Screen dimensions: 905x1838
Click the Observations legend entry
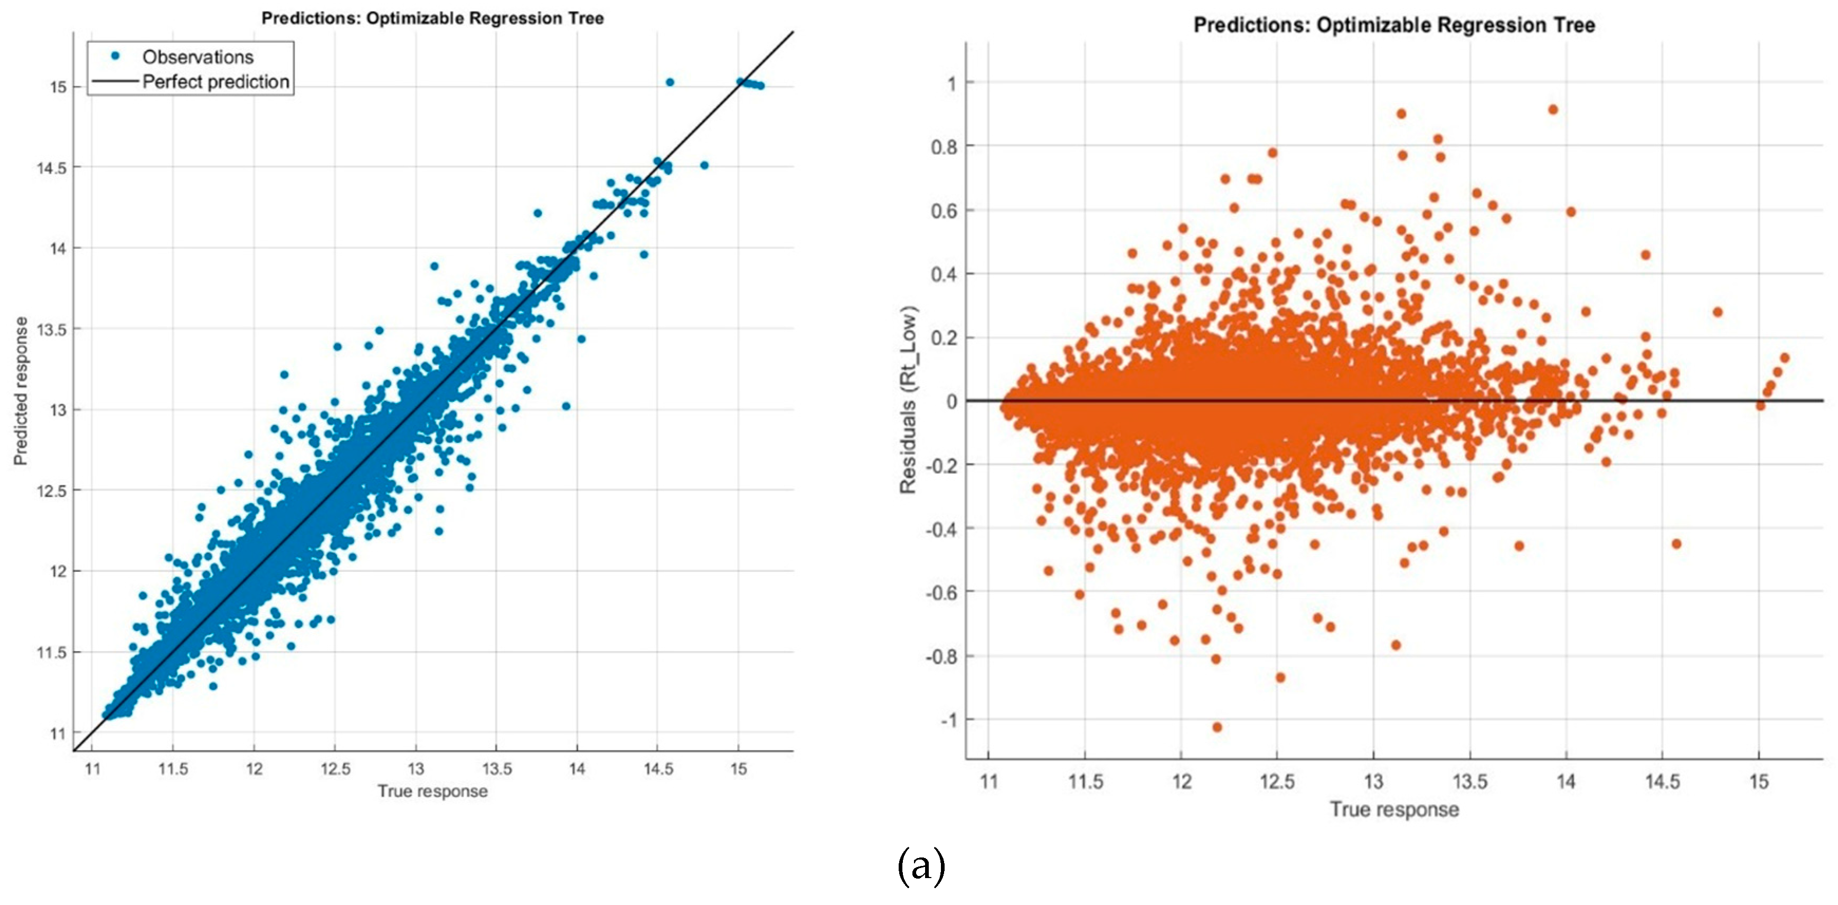(197, 57)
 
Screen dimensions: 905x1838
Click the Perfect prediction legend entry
(215, 82)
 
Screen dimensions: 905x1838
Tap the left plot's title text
(432, 18)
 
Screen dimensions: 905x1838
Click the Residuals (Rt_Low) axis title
(908, 400)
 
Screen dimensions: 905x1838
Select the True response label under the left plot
(432, 791)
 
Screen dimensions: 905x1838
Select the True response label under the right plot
(1394, 809)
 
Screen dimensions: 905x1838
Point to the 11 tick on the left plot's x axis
(92, 769)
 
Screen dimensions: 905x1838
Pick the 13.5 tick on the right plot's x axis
(1470, 781)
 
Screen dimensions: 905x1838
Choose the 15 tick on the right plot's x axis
(1759, 781)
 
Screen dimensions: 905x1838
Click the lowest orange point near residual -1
(1217, 727)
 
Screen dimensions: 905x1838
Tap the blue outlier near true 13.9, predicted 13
(566, 406)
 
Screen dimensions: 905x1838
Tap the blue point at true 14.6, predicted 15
(670, 82)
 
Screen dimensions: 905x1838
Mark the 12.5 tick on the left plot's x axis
(335, 769)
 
